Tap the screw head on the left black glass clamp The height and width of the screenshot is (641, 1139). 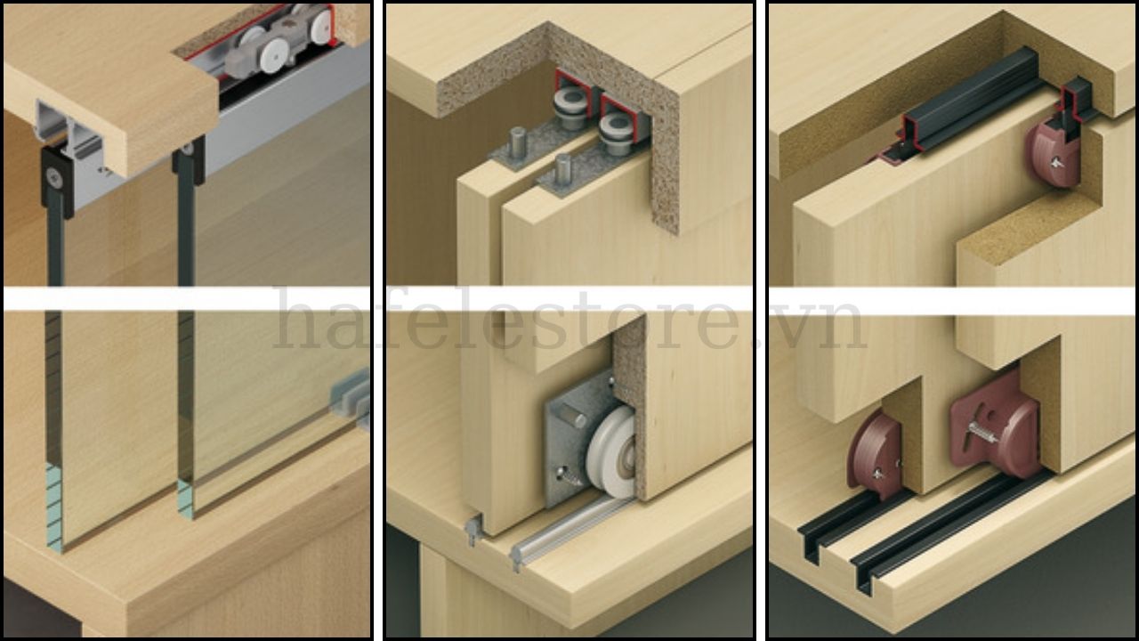(x=55, y=177)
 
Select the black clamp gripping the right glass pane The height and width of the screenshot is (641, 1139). (x=189, y=160)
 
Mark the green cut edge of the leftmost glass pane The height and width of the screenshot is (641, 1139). (x=54, y=507)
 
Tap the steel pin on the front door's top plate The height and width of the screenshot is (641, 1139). (x=563, y=170)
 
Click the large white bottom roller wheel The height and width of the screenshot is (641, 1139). (x=610, y=451)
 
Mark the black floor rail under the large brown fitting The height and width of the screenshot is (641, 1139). (x=946, y=534)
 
